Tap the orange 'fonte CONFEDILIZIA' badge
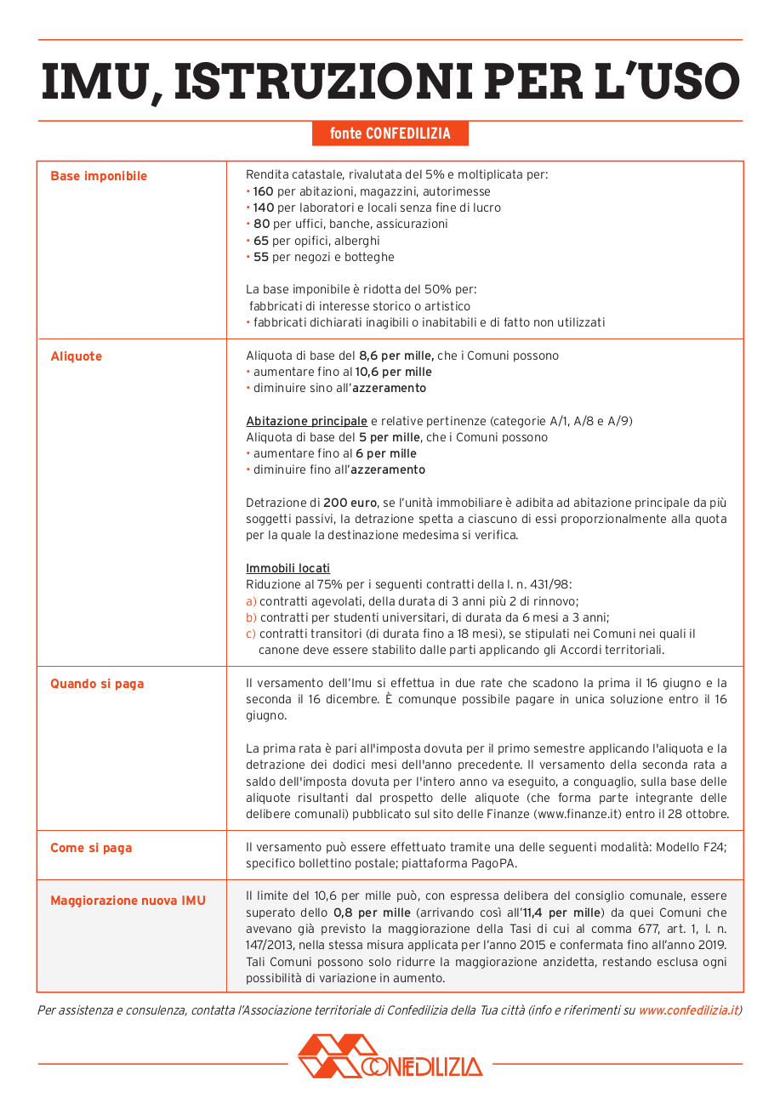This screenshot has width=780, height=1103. (390, 134)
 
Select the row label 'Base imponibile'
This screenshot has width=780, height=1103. (99, 176)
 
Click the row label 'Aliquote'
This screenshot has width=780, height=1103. (76, 356)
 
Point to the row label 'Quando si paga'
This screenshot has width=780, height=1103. (97, 684)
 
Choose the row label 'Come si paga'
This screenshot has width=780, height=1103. (91, 848)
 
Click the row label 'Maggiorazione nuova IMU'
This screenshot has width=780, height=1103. (128, 901)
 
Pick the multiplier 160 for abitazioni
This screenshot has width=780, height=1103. (263, 192)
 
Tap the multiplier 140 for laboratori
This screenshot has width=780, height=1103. (263, 208)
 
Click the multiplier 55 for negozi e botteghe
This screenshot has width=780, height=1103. (260, 258)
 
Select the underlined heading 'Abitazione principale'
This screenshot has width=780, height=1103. (306, 422)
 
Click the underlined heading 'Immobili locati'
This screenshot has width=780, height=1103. (288, 569)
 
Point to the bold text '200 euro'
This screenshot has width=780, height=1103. (350, 503)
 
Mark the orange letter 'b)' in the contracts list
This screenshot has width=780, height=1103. (251, 618)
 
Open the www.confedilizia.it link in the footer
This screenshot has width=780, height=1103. (687, 1011)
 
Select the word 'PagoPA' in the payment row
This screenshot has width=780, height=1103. (495, 864)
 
